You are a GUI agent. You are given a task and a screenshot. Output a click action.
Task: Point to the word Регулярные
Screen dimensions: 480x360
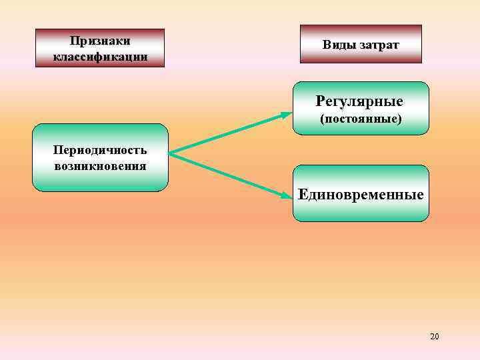click(360, 102)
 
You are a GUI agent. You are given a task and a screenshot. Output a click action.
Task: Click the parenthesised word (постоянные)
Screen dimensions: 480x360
click(360, 120)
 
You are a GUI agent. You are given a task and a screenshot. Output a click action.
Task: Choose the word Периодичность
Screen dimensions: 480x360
click(100, 150)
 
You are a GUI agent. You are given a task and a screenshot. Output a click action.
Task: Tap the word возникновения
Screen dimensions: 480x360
click(100, 165)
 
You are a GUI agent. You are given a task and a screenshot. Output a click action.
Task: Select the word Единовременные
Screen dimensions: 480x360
click(361, 195)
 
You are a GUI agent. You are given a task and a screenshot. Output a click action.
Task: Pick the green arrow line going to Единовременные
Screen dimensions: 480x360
click(227, 174)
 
